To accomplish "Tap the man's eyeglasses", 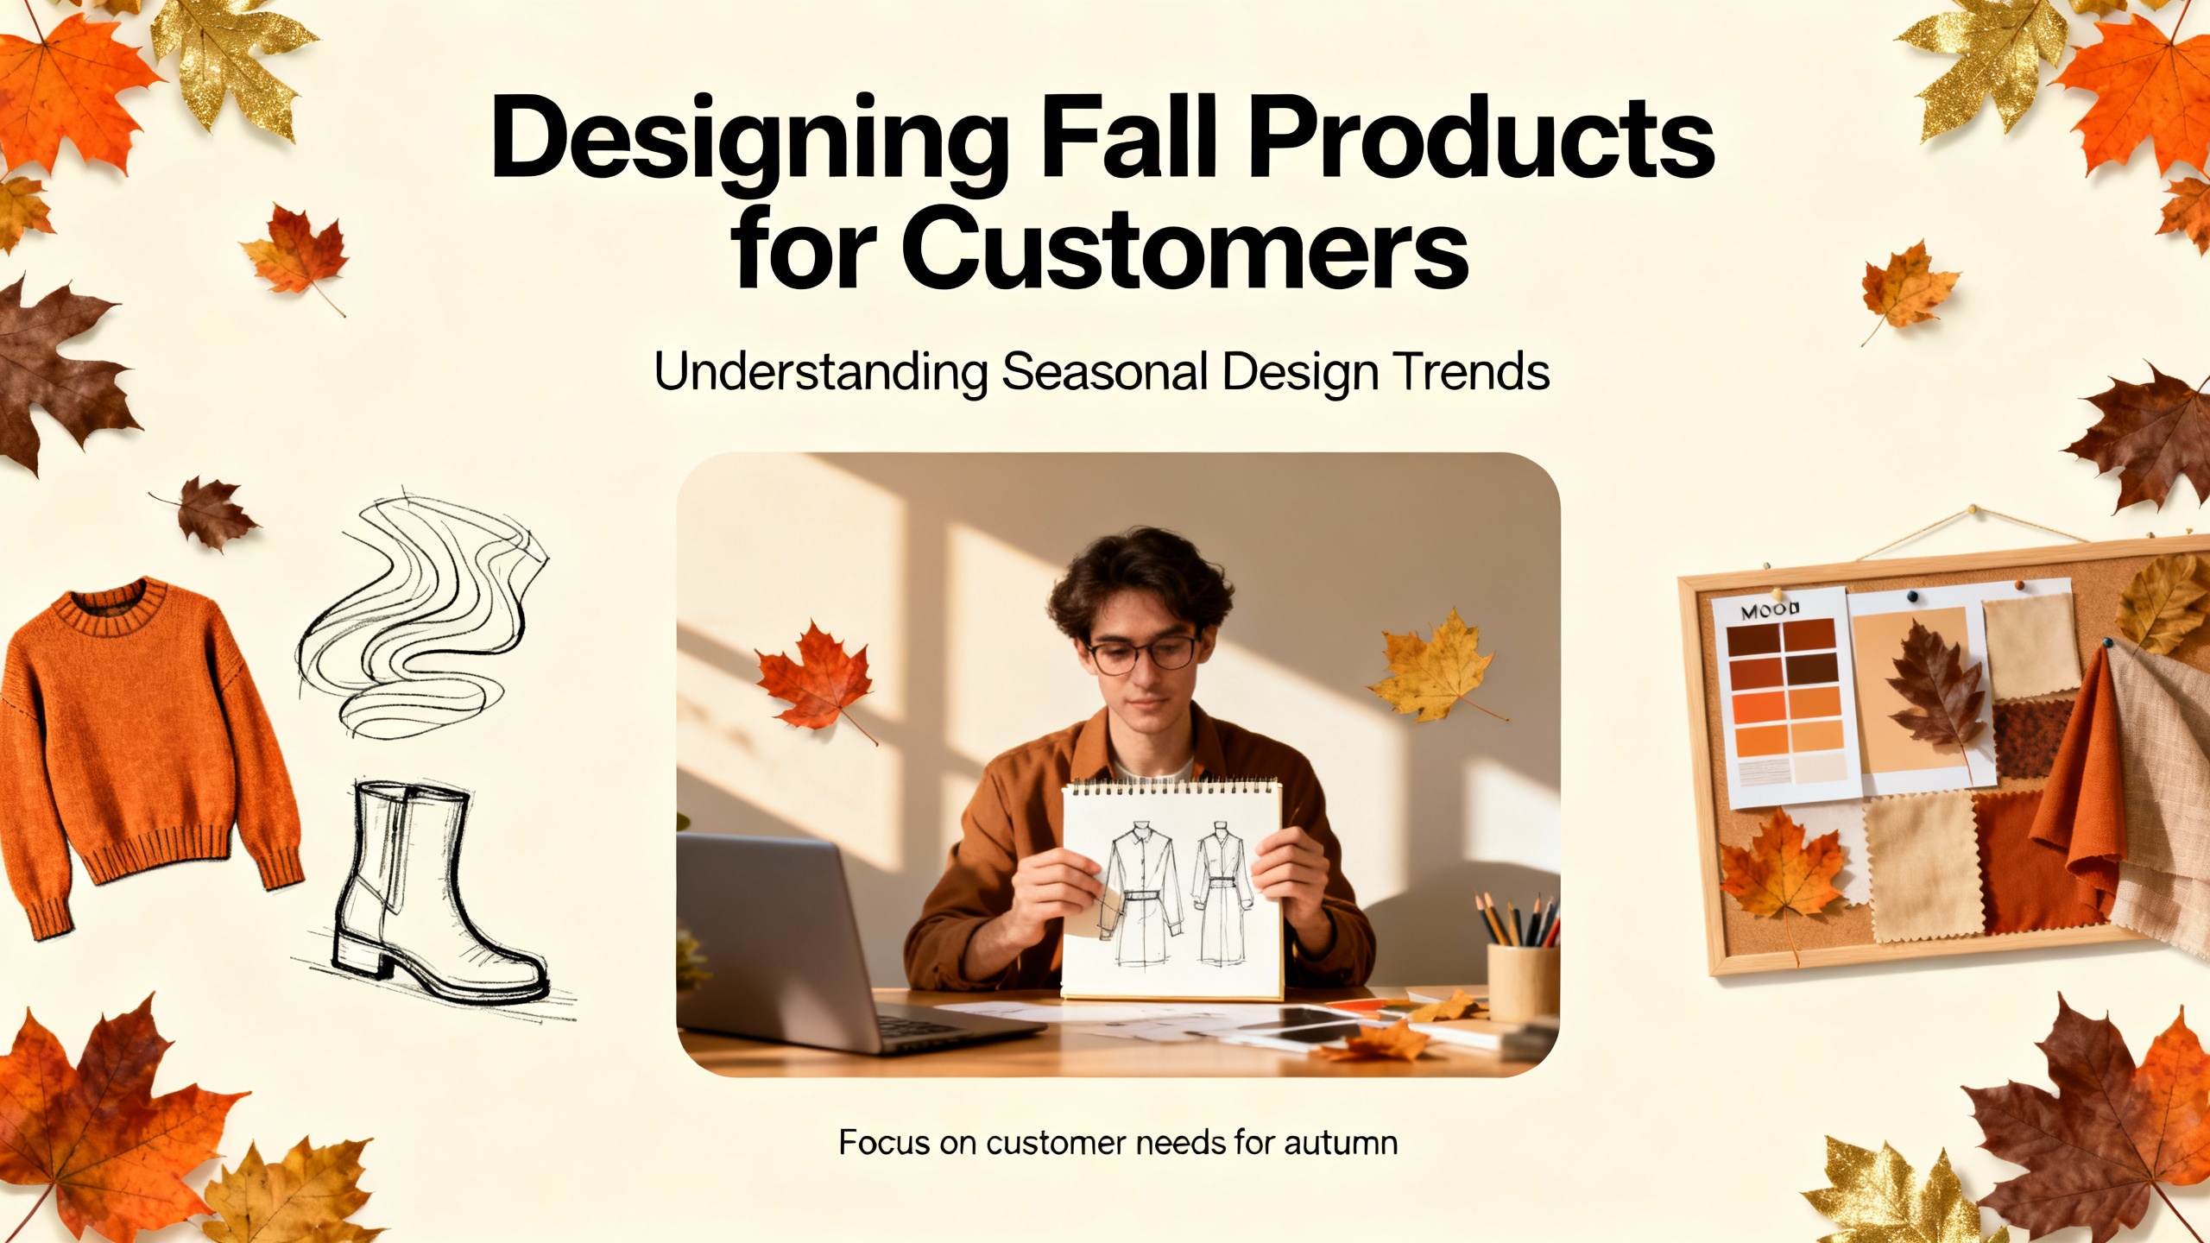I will (1142, 652).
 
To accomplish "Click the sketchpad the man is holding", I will (1171, 889).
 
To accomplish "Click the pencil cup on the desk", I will (1524, 980).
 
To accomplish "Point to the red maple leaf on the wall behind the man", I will (813, 678).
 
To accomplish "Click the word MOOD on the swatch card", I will (1770, 612).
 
